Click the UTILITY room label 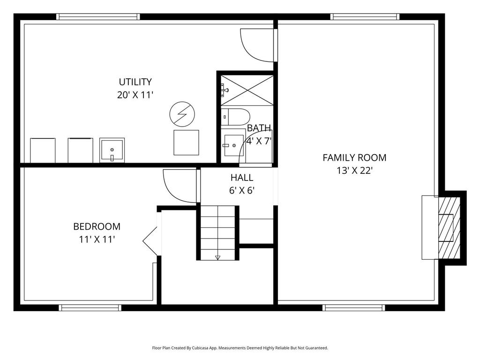point(135,82)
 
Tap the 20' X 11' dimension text point(135,95)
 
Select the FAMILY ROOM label point(354,158)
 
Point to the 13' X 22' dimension point(354,171)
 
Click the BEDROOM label point(97,227)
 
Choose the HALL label point(242,178)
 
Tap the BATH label point(259,128)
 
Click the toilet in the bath point(236,116)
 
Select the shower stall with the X point(247,90)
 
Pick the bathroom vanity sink point(233,145)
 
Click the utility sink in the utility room point(112,150)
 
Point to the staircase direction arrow point(217,257)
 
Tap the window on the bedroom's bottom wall point(90,307)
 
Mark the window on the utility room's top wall point(98,17)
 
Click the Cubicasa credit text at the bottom point(240,348)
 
